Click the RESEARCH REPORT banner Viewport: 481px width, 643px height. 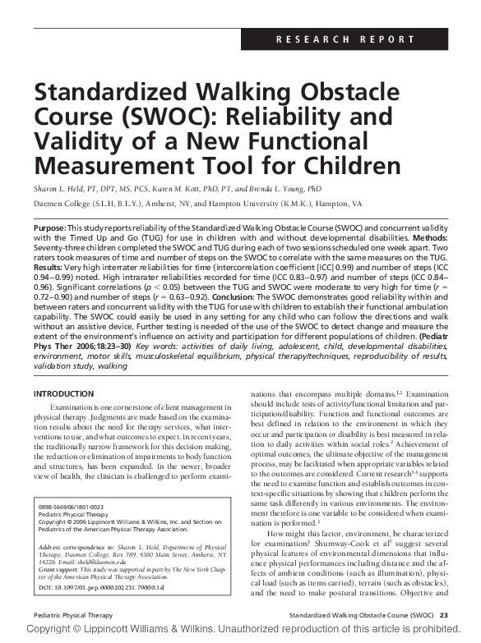point(356,39)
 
